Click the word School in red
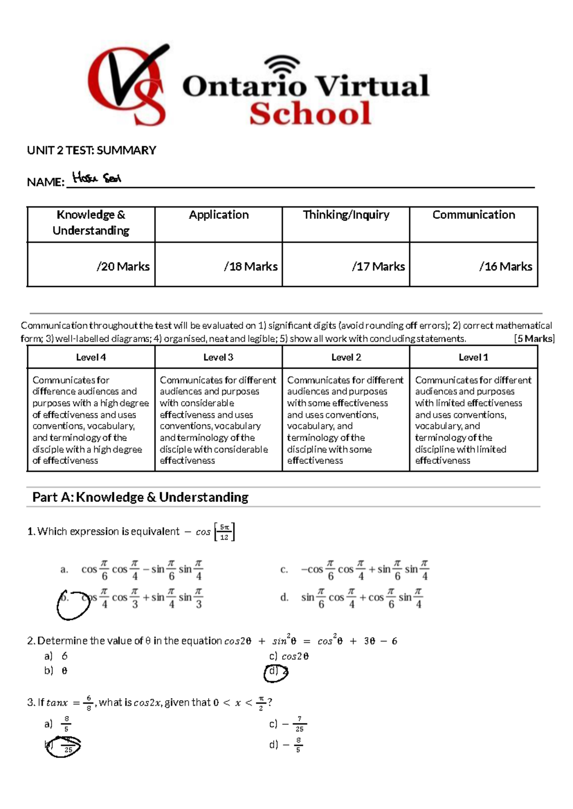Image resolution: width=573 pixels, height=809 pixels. click(x=310, y=114)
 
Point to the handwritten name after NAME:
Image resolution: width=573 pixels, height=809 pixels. click(x=96, y=179)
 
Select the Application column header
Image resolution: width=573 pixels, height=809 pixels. click(x=219, y=215)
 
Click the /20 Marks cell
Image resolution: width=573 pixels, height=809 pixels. click(x=123, y=266)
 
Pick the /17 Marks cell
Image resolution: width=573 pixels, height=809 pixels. click(x=378, y=266)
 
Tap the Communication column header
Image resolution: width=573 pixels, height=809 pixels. click(x=474, y=215)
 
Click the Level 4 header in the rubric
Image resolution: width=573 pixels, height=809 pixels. click(x=91, y=357)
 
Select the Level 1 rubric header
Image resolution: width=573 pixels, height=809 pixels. click(x=473, y=357)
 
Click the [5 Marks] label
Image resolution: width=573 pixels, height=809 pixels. click(x=534, y=339)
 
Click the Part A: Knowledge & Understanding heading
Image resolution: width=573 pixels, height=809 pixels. click(x=140, y=497)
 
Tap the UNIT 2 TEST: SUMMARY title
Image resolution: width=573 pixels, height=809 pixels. click(x=92, y=150)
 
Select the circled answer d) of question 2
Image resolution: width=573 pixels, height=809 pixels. click(x=276, y=672)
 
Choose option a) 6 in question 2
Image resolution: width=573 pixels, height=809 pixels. click(x=56, y=656)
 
